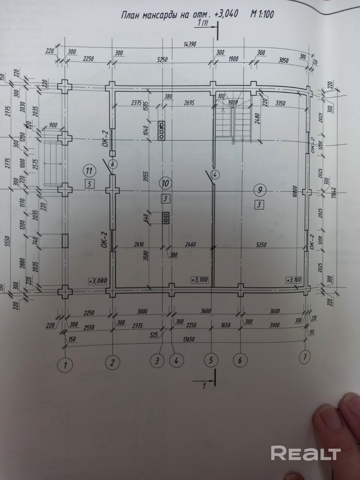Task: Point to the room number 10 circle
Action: click(x=166, y=183)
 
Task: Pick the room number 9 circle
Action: click(x=259, y=190)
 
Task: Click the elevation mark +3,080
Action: click(x=97, y=281)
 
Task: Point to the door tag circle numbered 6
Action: click(x=113, y=164)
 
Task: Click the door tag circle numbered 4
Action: click(x=215, y=174)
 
